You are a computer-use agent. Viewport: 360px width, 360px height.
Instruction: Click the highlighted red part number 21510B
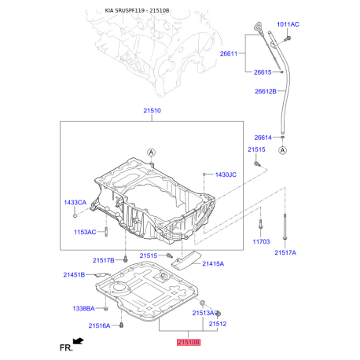[188, 343]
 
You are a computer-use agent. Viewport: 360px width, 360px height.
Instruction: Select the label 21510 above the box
[152, 112]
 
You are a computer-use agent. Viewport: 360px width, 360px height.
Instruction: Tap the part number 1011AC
[288, 24]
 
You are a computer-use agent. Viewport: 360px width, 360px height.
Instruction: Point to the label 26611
[230, 54]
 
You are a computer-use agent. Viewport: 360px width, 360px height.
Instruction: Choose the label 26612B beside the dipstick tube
[265, 91]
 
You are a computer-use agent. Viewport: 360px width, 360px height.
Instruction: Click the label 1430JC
[226, 174]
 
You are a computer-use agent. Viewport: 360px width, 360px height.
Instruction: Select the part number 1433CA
[75, 203]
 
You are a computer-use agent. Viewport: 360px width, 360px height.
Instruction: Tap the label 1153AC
[85, 232]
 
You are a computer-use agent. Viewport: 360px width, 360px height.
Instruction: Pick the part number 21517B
[103, 260]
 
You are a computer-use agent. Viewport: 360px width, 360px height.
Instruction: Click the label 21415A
[213, 264]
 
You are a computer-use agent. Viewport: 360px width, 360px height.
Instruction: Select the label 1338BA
[83, 308]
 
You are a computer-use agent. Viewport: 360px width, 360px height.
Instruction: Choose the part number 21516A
[99, 325]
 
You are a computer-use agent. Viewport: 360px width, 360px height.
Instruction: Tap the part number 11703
[261, 242]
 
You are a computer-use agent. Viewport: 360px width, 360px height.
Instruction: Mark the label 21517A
[285, 253]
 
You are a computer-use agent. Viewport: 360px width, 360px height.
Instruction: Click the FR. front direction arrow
[77, 342]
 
